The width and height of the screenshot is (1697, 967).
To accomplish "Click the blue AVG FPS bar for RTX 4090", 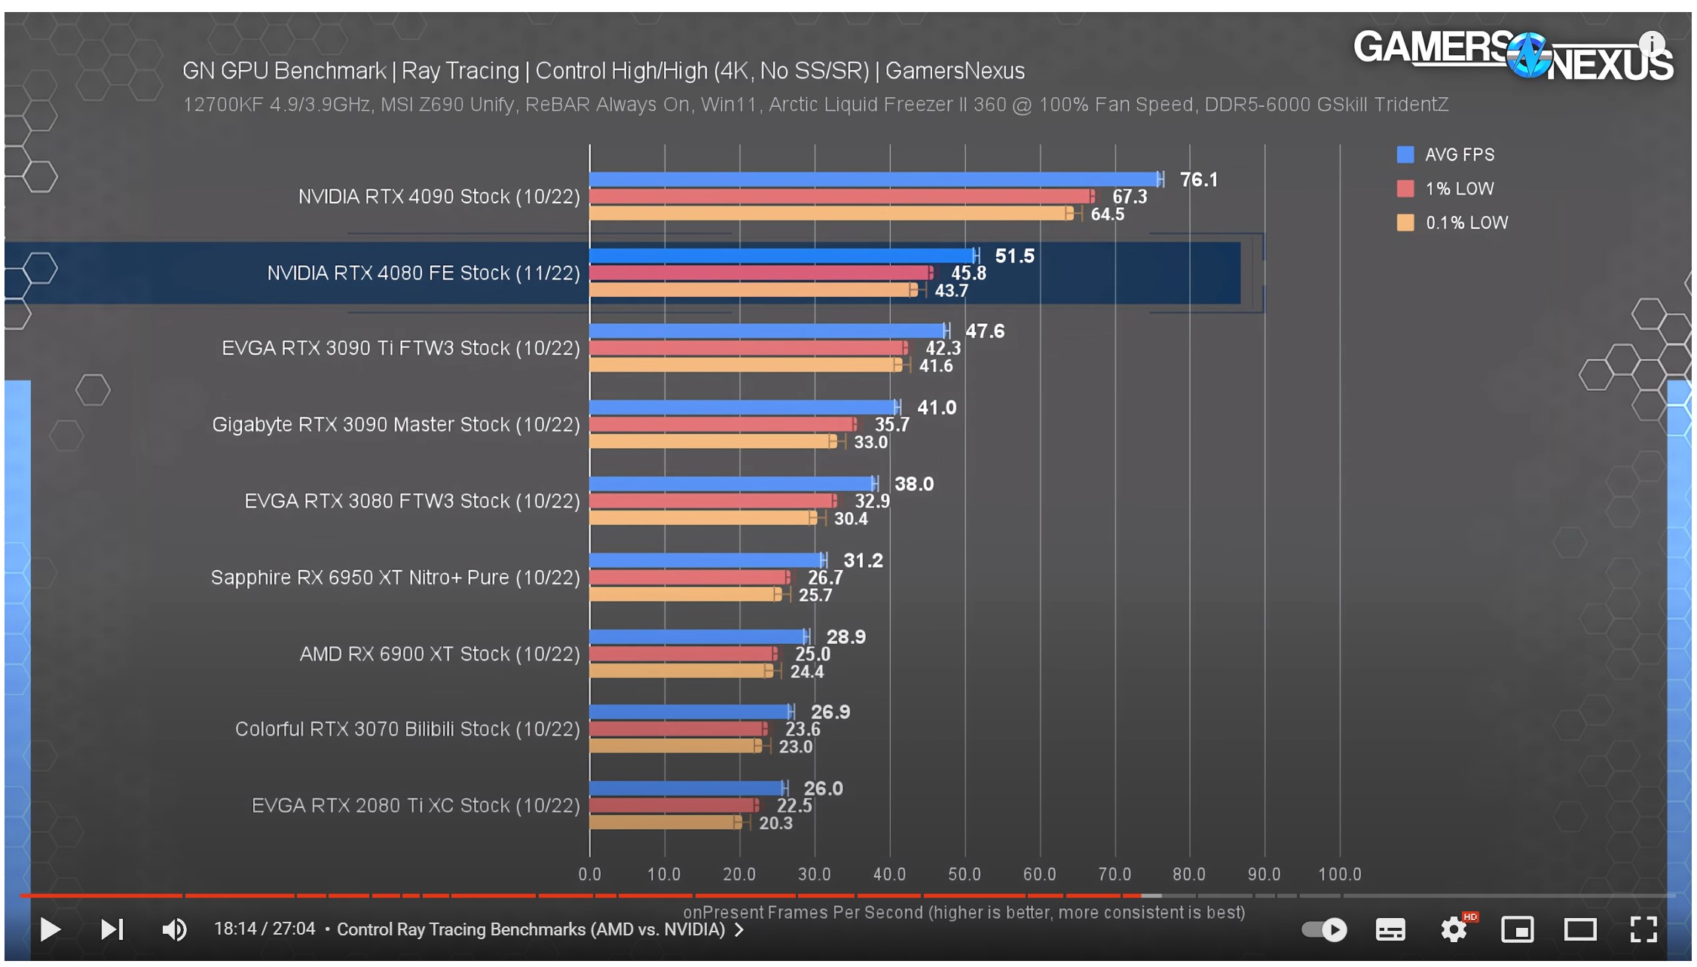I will point(874,179).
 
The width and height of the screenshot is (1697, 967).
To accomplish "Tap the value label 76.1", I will point(1198,180).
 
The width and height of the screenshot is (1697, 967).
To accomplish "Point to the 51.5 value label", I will point(1014,256).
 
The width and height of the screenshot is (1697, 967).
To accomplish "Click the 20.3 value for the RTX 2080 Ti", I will point(775,823).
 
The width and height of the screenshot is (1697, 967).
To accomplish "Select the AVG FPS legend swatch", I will point(1405,154).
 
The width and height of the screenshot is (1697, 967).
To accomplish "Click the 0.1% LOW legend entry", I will point(1466,223).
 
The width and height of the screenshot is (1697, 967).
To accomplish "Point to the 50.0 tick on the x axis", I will point(964,874).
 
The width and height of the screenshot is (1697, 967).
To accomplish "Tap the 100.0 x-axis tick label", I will point(1339,874).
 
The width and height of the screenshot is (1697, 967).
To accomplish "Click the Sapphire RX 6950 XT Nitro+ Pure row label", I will point(395,578).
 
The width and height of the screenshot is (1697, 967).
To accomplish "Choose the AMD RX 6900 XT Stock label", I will point(439,654).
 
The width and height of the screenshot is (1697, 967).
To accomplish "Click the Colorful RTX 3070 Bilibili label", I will point(407,729).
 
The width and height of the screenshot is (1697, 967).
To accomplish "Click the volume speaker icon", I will point(174,929).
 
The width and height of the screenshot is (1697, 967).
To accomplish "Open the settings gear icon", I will point(1454,929).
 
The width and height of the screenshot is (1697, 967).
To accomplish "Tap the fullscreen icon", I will point(1643,929).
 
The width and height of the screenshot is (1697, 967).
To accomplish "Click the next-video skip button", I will point(112,929).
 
